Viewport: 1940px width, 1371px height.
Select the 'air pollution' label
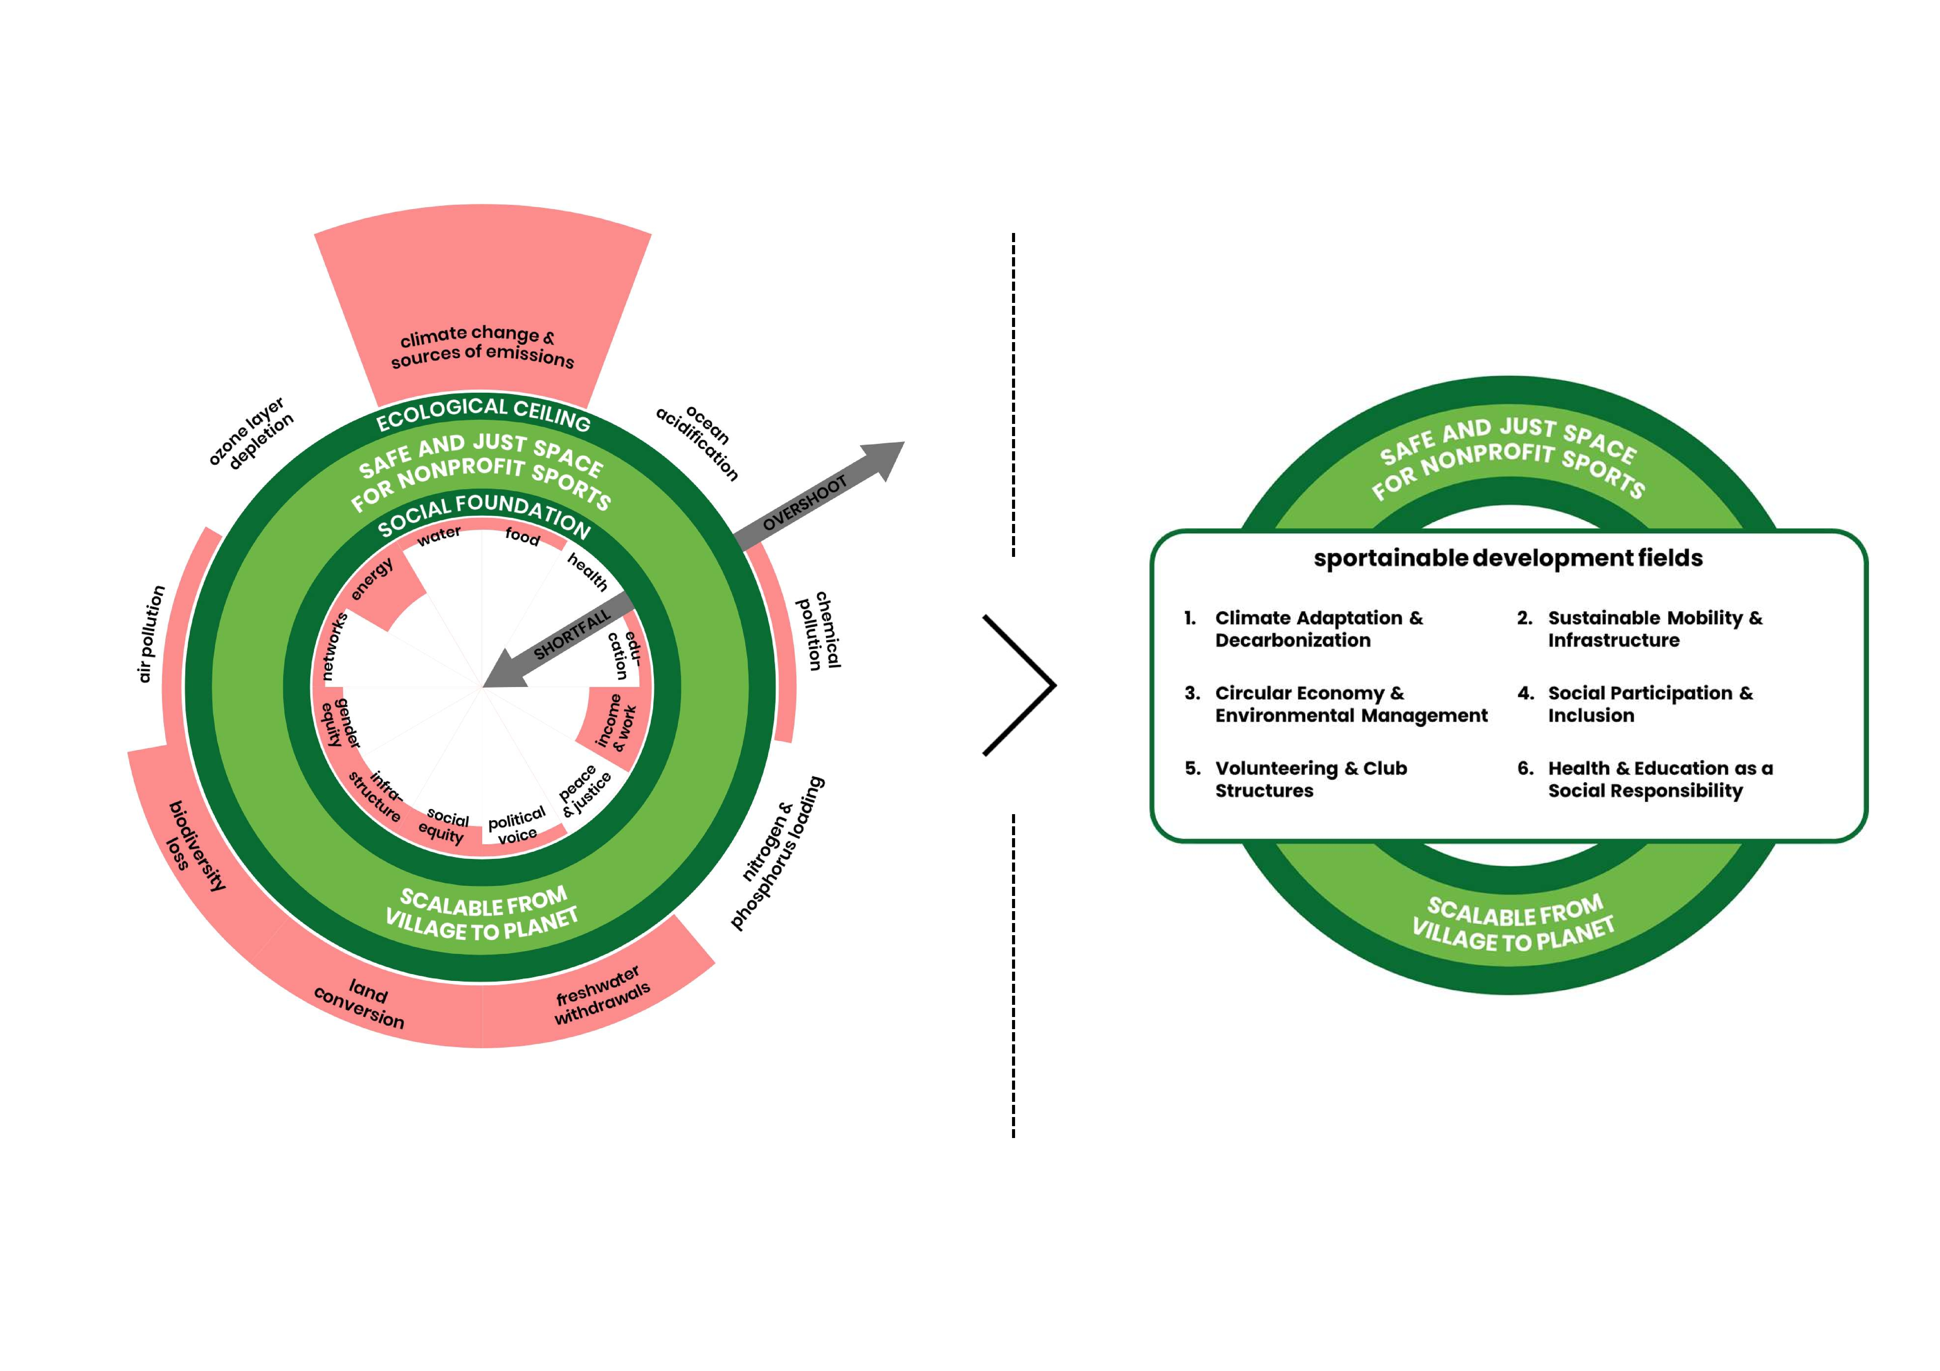(x=151, y=634)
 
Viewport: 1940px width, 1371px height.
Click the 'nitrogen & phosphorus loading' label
(x=776, y=853)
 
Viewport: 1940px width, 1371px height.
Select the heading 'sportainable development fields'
(x=1508, y=558)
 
